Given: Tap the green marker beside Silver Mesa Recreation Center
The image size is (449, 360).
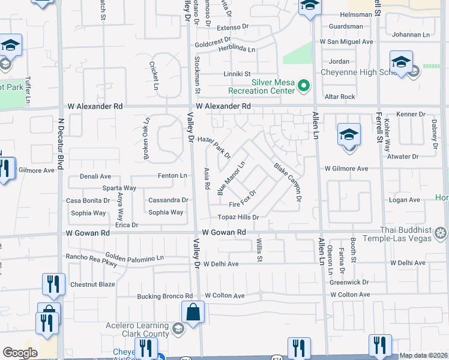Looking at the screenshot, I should coord(304,86).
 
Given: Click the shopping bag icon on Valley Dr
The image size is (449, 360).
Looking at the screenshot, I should coord(193,313).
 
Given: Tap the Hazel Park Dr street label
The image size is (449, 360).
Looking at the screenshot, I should coord(214,146).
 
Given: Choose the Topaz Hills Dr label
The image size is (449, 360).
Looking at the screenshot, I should coord(238,217).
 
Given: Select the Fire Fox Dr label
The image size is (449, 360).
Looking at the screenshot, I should coord(243,199).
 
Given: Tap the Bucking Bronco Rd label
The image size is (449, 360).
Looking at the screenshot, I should coord(164,296).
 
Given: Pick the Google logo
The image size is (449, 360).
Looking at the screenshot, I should coord(20,353).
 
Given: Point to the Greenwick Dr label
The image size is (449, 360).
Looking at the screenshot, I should coord(349,281).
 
